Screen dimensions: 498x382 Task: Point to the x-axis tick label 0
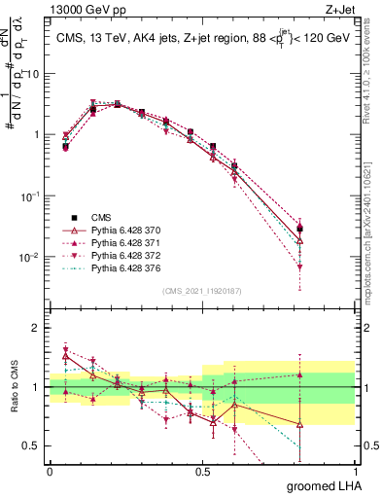[x=50, y=470]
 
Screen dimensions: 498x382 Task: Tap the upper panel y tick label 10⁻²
[x=31, y=258]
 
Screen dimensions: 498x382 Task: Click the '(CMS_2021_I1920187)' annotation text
[x=202, y=290]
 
